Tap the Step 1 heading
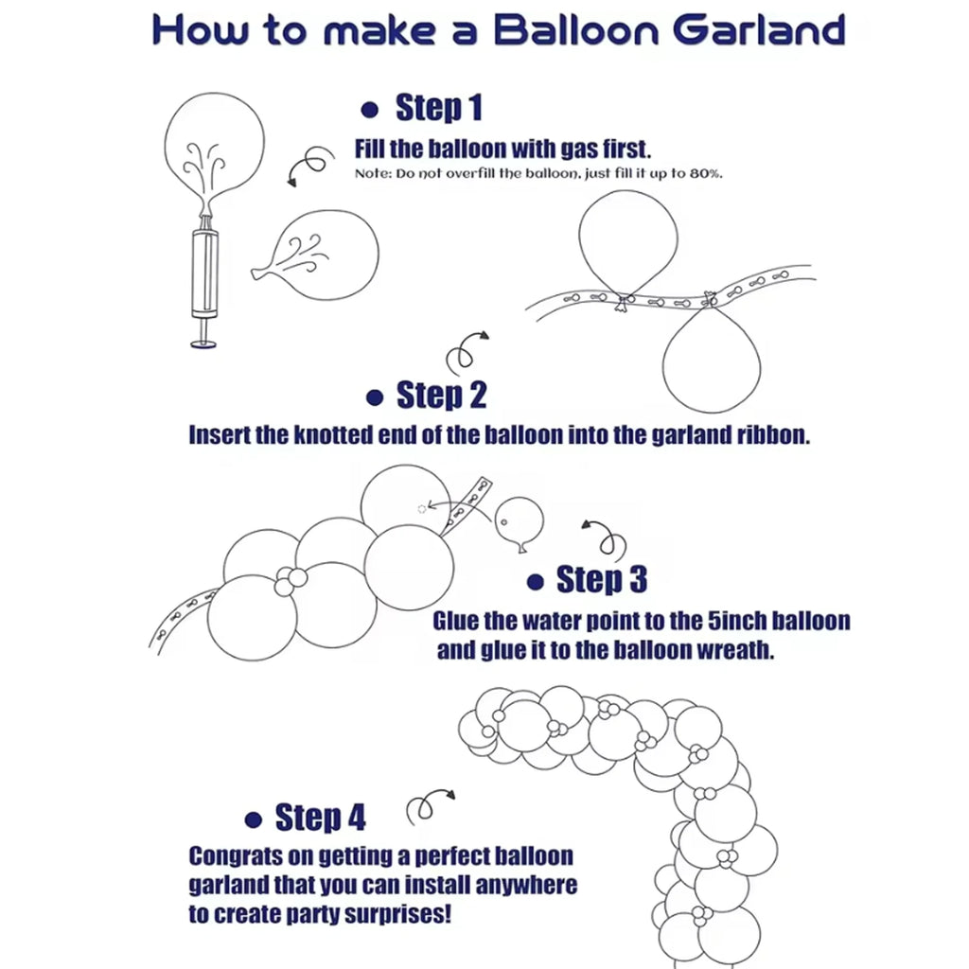point(439,108)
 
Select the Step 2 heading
point(441,395)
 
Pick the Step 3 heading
point(602,580)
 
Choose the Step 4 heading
point(320,817)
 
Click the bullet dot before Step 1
point(370,110)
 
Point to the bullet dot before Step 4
point(254,819)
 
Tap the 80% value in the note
point(706,174)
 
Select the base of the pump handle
point(204,343)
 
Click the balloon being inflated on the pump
point(214,150)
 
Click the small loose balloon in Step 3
point(520,523)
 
